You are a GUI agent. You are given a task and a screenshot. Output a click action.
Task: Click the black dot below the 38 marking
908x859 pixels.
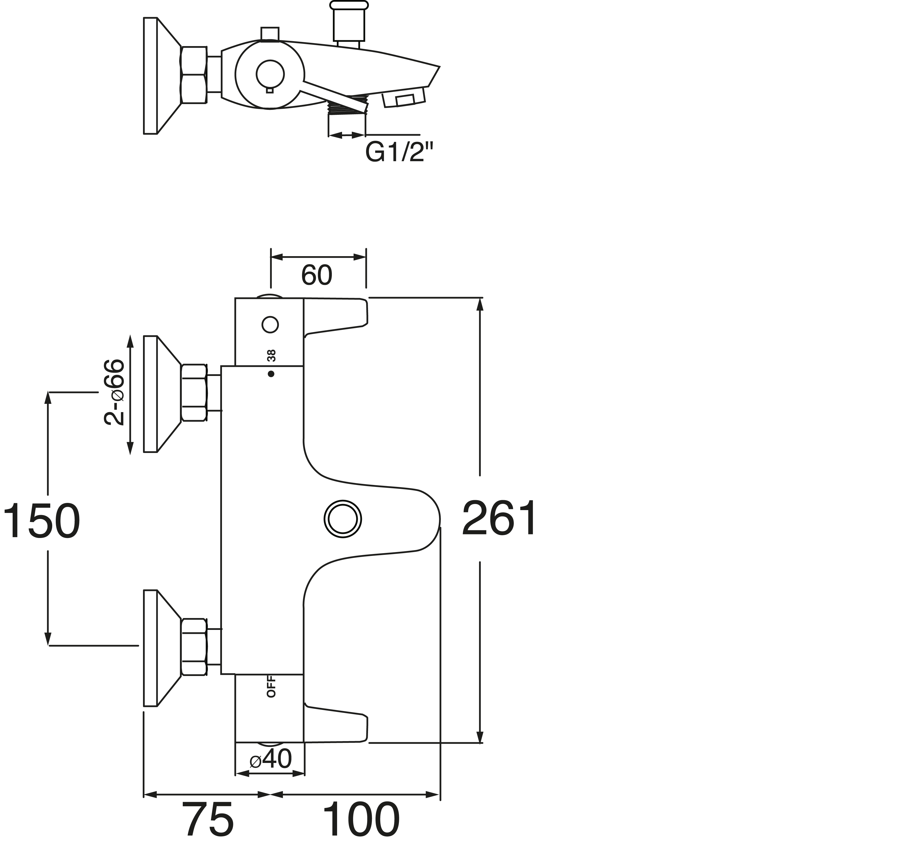tap(271, 374)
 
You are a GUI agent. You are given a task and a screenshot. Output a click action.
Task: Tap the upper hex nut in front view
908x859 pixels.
tap(194, 393)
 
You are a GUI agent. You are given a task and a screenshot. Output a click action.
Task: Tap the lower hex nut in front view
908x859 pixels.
tap(194, 646)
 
